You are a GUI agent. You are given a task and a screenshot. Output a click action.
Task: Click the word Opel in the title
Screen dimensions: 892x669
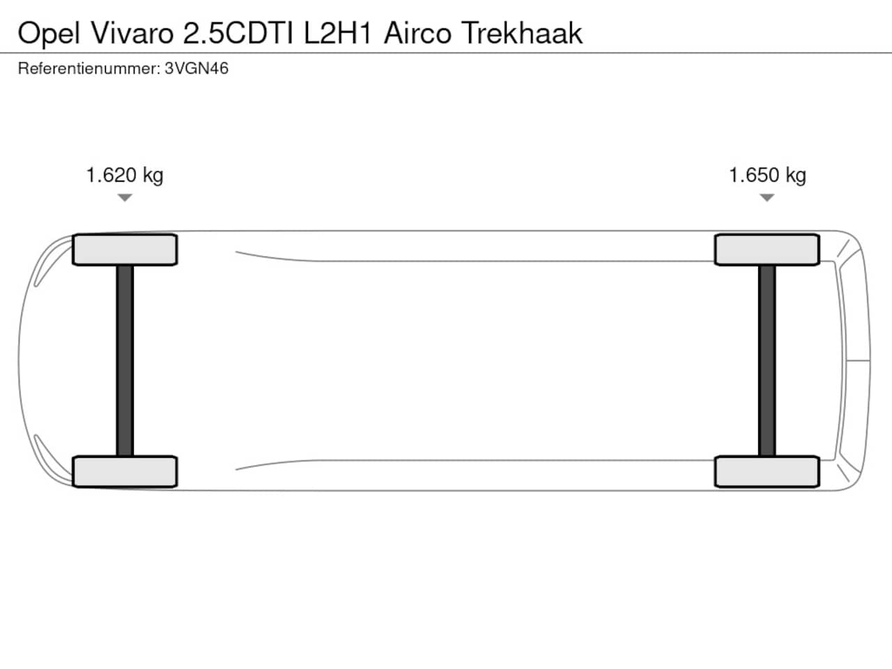(49, 34)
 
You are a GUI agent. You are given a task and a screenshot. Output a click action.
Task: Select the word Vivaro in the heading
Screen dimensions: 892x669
(132, 33)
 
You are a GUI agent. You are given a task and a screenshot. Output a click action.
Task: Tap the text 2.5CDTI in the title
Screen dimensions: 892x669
(238, 33)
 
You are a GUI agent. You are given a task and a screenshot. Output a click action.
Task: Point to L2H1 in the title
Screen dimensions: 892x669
(337, 33)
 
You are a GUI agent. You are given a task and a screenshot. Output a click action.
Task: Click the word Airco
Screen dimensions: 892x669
(417, 33)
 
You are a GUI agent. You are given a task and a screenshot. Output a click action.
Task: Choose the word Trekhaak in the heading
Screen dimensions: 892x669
(522, 33)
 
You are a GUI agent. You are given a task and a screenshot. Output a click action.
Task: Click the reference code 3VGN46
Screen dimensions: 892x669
(197, 68)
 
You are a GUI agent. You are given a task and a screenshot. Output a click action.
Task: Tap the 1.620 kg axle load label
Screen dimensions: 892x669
(125, 176)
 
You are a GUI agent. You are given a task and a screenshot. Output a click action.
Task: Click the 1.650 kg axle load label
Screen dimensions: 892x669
(767, 176)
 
